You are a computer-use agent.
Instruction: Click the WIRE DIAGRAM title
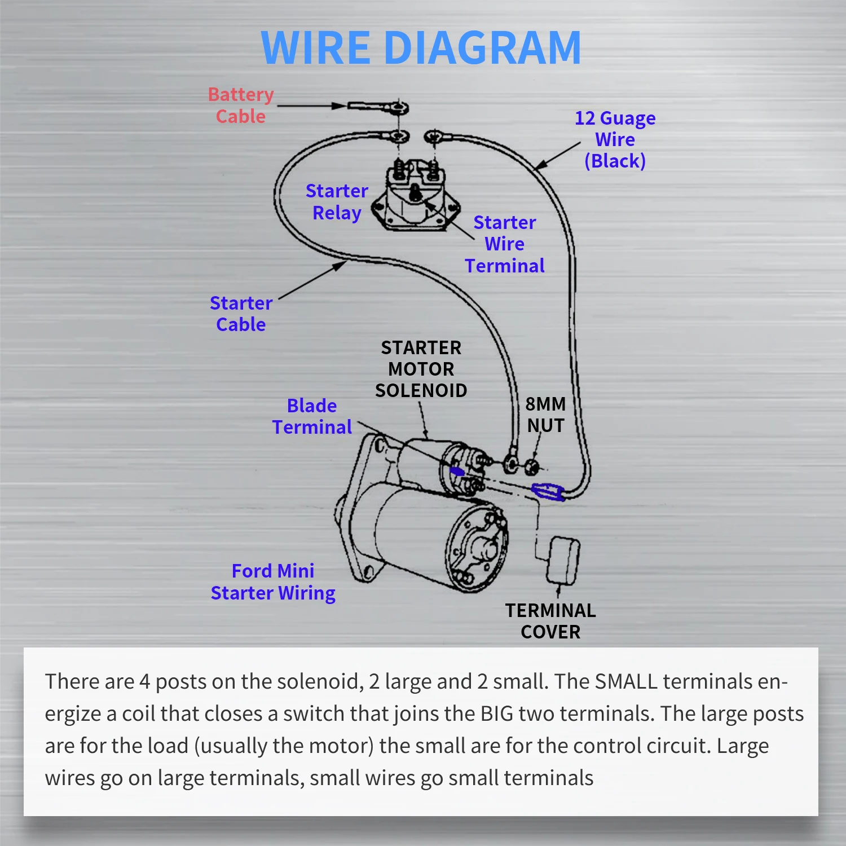421,48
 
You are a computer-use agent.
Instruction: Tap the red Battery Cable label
241,105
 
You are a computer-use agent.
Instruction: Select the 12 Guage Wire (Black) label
615,139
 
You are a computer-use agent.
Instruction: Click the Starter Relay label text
337,202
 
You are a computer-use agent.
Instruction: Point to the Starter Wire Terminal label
504,244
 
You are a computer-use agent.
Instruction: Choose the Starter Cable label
241,314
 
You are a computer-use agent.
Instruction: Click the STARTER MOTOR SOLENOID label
421,369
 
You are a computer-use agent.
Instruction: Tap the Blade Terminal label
312,416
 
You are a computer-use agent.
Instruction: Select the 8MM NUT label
545,415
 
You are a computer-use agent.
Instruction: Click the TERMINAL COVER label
550,621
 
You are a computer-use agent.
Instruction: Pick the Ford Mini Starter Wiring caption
273,582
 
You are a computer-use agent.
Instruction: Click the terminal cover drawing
562,560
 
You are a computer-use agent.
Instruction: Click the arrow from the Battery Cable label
310,105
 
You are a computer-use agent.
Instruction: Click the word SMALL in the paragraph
626,681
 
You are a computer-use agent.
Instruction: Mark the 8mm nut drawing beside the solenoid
531,466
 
